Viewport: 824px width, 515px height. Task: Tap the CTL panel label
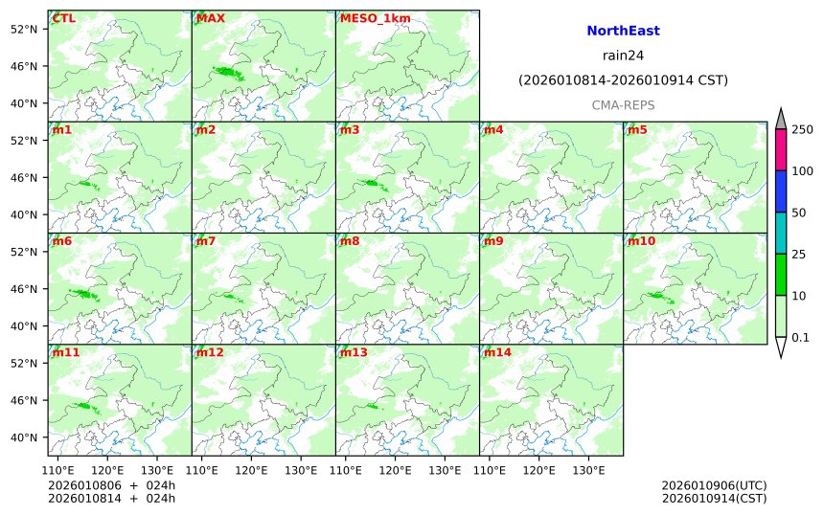64,18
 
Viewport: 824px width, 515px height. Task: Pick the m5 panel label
637,129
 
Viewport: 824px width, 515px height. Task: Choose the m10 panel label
641,241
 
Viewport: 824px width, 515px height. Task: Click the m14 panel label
497,352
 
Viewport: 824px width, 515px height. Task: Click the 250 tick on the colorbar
802,129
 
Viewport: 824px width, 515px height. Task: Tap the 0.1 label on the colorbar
800,337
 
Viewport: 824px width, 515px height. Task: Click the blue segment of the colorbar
781,191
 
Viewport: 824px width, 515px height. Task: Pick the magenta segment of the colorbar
781,149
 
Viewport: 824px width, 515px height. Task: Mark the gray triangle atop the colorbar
781,119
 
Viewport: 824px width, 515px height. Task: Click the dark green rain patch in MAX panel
227,72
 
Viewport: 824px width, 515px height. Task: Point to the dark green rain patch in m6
83,294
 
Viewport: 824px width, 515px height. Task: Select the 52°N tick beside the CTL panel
23,29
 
